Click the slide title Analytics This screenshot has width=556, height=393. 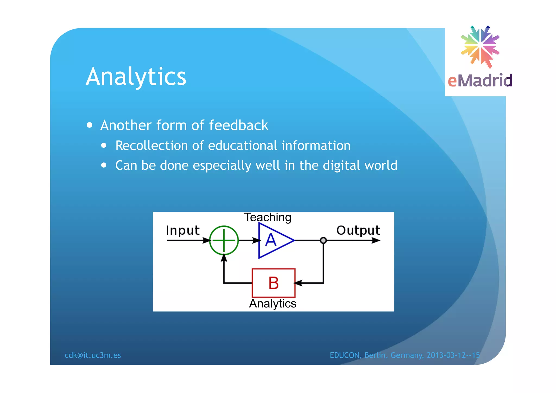point(136,77)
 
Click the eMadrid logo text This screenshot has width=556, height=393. point(480,81)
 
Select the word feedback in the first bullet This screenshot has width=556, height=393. point(238,125)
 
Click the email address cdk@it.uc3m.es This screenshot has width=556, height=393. point(93,355)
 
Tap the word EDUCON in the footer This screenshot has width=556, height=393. point(344,355)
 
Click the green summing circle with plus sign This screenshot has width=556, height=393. point(224,240)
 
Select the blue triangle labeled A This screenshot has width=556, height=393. point(273,240)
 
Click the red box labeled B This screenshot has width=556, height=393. point(273,283)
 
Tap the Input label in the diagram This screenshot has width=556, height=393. point(182,231)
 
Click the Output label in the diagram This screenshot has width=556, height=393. point(358,231)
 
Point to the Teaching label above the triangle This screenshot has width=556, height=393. point(268,217)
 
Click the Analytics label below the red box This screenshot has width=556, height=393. point(273,303)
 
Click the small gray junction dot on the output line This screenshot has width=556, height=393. point(323,240)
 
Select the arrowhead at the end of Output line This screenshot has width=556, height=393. point(376,240)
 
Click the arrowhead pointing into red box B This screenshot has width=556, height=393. point(298,283)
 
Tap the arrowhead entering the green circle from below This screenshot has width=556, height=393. point(224,258)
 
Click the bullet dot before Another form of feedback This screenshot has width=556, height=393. point(90,125)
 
